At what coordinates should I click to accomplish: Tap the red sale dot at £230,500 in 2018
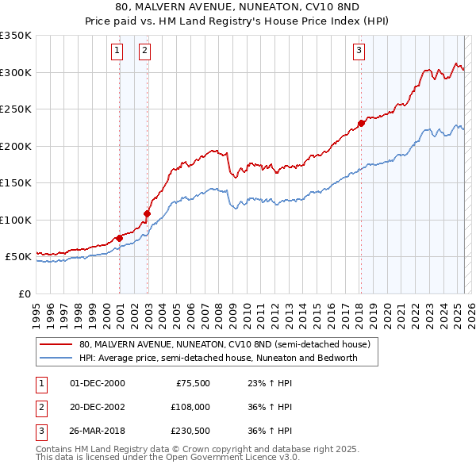pos(361,123)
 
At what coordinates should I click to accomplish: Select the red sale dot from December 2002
pos(148,213)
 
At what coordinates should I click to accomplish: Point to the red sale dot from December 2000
pos(119,238)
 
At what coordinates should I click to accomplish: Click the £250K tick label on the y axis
pos(15,109)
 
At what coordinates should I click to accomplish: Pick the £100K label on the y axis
pos(15,220)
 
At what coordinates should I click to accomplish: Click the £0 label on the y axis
pos(23,293)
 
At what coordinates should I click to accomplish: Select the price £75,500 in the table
pos(191,383)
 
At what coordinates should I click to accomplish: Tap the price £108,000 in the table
pos(190,407)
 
